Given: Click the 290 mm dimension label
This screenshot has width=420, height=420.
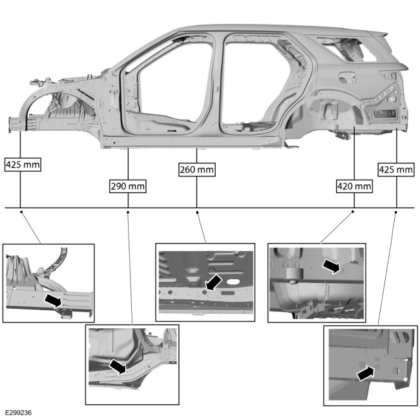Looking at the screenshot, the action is point(128,186).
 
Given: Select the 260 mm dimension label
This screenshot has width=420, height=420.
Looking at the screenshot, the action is point(197,169).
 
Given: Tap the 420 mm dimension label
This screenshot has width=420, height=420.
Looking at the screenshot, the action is point(354,186).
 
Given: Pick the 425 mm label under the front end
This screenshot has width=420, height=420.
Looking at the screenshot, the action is point(23,165).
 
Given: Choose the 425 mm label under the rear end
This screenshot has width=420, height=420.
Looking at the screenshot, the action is point(396,169).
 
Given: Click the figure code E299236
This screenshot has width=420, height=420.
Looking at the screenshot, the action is point(18,413).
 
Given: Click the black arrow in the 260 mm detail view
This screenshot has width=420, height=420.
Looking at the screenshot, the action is point(213,284).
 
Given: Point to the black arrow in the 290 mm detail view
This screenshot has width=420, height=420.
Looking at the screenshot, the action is point(118,366).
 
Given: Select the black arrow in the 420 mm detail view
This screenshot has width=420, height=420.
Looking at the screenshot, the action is point(331,266).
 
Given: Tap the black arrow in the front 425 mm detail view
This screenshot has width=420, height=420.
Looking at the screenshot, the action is point(54,300).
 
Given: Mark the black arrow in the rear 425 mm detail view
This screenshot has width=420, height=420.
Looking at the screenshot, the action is point(365,373).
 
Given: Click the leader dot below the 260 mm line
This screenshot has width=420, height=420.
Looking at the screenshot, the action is point(198,213).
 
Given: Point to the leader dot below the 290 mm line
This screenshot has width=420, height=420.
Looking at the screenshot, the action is point(128,213).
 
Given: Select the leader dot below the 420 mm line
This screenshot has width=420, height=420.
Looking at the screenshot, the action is point(353,211).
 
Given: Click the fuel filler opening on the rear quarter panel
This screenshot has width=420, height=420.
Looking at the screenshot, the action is point(347,77).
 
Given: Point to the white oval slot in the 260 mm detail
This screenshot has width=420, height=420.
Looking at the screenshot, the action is point(233,282).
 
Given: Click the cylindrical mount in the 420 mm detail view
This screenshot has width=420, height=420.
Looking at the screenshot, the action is point(295,275).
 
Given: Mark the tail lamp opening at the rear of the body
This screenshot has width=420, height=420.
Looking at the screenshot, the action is point(385,114).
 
